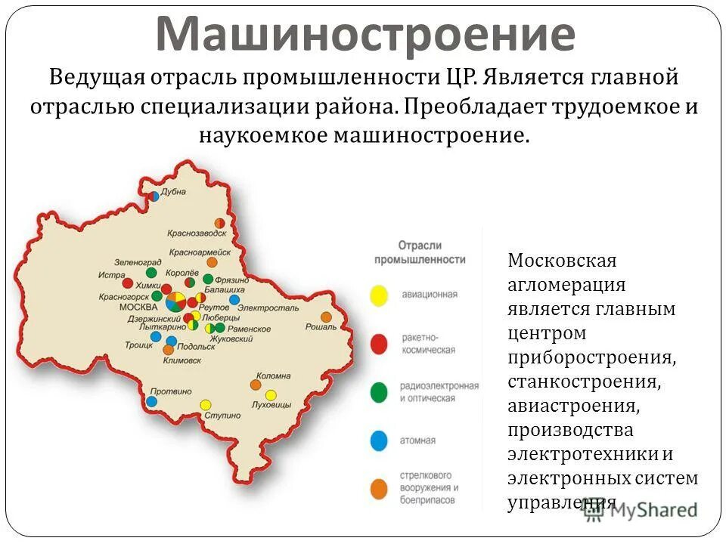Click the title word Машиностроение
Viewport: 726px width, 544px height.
[x=365, y=33]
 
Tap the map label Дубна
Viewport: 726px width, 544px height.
[x=174, y=192]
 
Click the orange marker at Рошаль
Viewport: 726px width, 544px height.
[x=326, y=317]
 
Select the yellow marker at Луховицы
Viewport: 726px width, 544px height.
[x=271, y=394]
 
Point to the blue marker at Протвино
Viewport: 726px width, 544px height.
[x=152, y=401]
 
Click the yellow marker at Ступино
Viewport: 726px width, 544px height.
[x=205, y=405]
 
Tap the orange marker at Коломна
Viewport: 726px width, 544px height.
[x=256, y=385]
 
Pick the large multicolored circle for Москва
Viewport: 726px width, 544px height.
[x=175, y=301]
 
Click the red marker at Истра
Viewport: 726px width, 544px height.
[x=128, y=283]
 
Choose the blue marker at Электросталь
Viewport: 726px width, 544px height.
[x=234, y=299]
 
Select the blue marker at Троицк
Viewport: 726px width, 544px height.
[x=155, y=336]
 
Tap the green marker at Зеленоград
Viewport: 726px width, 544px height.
[x=151, y=272]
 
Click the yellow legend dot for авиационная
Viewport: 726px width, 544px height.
[x=379, y=295]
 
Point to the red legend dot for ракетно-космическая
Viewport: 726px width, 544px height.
[x=379, y=345]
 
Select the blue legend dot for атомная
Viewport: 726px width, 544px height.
[x=379, y=440]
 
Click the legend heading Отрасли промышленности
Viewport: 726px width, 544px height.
[x=420, y=252]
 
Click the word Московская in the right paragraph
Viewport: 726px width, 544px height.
[x=562, y=261]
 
